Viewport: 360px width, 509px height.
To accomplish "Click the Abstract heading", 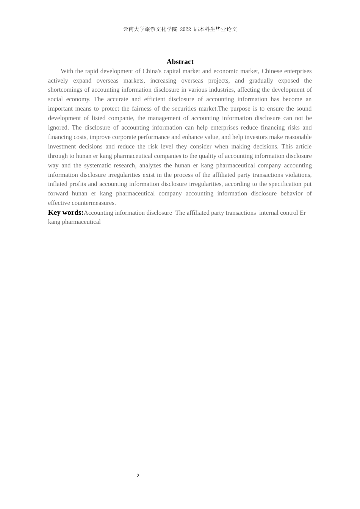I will (x=180, y=62).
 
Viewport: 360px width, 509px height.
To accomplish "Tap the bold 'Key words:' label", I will (x=66, y=212).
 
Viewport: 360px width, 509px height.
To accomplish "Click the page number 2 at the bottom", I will (x=138, y=476).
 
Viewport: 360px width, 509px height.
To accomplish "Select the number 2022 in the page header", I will (x=185, y=29).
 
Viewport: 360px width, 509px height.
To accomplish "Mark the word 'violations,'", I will (x=298, y=175).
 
